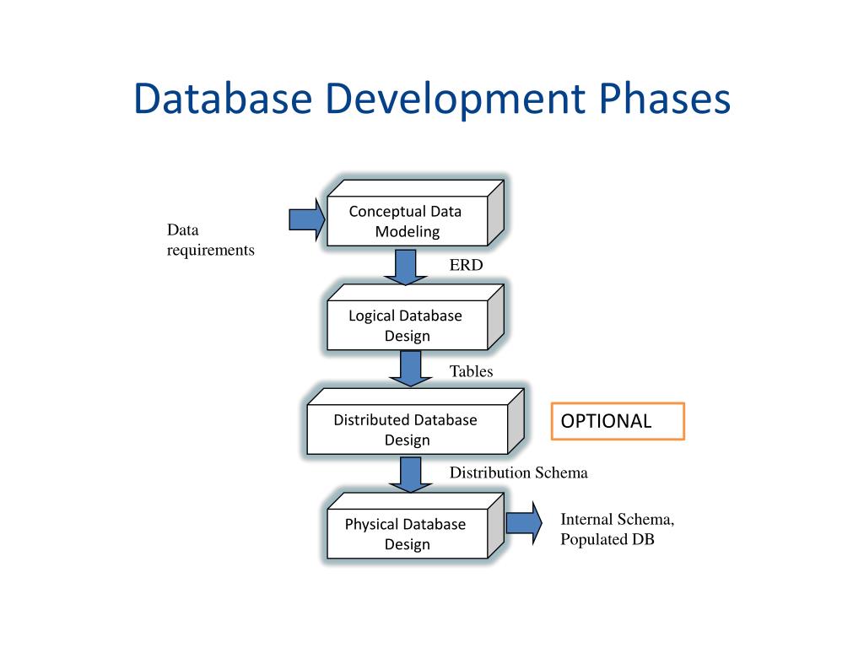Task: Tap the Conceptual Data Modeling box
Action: click(x=407, y=222)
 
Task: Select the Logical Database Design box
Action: click(x=407, y=326)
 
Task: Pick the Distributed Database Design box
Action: click(x=407, y=429)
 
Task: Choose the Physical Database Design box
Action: click(x=407, y=534)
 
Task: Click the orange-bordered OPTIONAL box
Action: click(x=618, y=421)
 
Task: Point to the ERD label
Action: click(x=466, y=266)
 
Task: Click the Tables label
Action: click(x=471, y=371)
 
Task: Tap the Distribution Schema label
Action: click(x=518, y=472)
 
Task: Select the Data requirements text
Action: click(x=210, y=240)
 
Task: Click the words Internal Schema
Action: click(x=617, y=520)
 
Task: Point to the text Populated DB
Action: click(x=607, y=540)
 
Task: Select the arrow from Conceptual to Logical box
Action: click(x=406, y=266)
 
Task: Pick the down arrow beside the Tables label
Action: click(x=410, y=368)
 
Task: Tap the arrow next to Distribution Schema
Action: click(x=410, y=472)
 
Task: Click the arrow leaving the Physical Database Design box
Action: click(x=524, y=523)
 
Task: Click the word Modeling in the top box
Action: click(x=408, y=232)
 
